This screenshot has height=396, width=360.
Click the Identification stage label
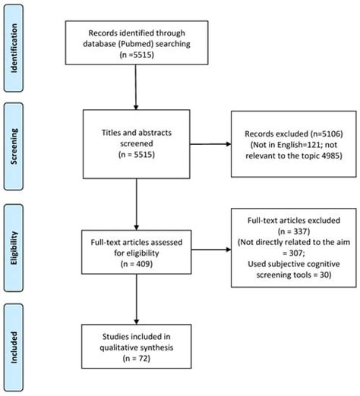point(14,48)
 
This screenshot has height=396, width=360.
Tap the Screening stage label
point(14,146)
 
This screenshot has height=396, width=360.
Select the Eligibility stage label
point(14,248)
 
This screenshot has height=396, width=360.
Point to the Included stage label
point(14,347)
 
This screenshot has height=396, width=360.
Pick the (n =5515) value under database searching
point(137,55)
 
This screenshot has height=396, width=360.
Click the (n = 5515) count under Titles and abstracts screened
point(137,155)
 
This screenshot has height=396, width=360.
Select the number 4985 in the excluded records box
point(332,156)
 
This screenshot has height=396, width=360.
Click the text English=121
point(300,145)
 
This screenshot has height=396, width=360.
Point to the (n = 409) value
point(137,264)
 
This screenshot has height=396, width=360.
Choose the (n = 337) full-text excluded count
point(294,231)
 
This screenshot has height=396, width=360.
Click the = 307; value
point(294,253)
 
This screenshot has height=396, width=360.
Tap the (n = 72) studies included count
point(137,358)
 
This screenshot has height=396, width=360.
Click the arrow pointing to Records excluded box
point(210,144)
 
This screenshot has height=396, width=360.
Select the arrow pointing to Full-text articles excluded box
point(211,250)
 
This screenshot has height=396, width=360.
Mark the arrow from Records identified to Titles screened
point(136,87)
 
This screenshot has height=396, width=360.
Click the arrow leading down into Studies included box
point(137,300)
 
